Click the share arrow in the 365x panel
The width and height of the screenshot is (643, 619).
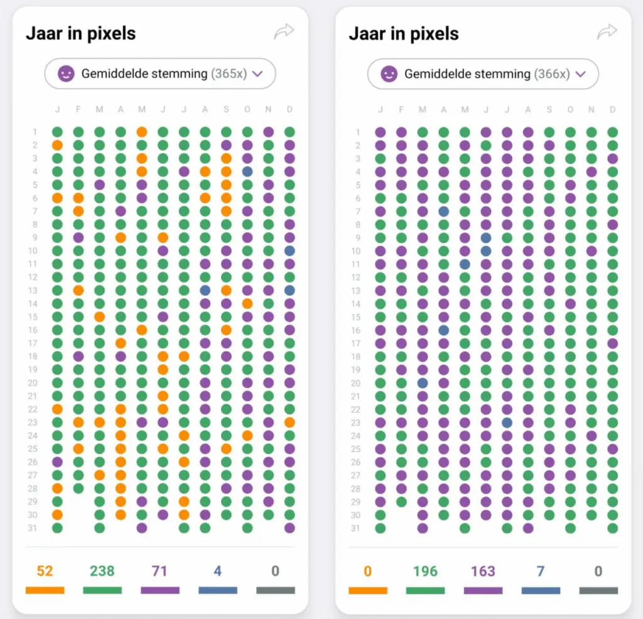click(284, 31)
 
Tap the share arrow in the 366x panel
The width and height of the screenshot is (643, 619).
click(607, 31)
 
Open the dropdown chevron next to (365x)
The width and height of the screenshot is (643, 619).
click(257, 74)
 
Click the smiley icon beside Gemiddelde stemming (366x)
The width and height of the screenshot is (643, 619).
click(389, 74)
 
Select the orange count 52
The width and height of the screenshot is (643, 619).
click(45, 571)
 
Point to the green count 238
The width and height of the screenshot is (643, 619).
click(102, 571)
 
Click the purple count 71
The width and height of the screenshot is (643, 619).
click(159, 571)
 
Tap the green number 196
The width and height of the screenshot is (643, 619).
click(425, 571)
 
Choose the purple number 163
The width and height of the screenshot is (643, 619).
click(483, 571)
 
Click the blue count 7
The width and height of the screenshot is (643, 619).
click(541, 571)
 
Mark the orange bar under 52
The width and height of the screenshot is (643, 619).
click(45, 590)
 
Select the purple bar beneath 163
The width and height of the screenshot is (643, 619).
click(483, 591)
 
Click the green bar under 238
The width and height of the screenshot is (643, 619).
click(102, 590)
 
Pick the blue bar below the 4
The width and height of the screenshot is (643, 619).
click(218, 590)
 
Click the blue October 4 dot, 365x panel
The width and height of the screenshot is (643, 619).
click(247, 171)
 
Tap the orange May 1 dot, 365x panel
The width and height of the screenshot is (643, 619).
click(142, 132)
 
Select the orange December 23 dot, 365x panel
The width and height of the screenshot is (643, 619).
click(289, 423)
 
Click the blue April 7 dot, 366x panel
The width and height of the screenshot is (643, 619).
click(444, 212)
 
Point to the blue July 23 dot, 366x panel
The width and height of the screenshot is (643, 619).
click(507, 423)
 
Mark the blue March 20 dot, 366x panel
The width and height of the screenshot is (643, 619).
click(423, 383)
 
